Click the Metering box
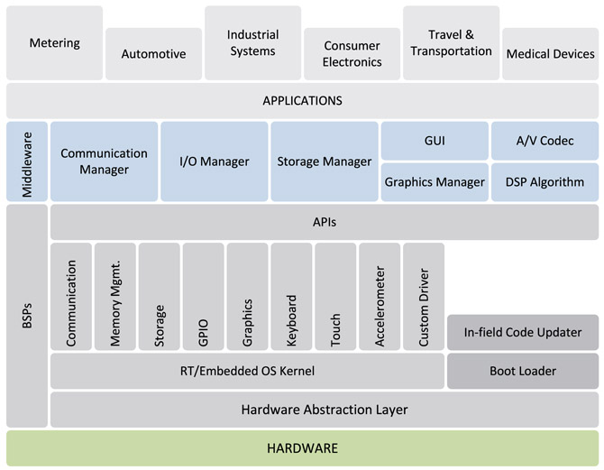(x=54, y=42)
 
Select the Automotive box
(x=153, y=53)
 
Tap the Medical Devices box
(x=550, y=53)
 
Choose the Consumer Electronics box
(x=352, y=53)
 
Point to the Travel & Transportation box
(x=451, y=42)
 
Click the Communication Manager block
(x=105, y=161)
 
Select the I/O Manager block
(x=214, y=161)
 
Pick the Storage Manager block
(x=324, y=161)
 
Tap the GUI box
(x=435, y=141)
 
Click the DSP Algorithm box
(x=545, y=181)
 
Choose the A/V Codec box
(x=545, y=141)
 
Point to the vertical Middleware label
(x=26, y=161)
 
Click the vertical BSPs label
(x=26, y=316)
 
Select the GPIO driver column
(x=203, y=296)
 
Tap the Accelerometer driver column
(x=380, y=296)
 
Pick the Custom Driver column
(x=424, y=296)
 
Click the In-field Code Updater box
(x=522, y=332)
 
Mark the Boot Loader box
(x=522, y=371)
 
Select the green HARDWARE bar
(x=302, y=447)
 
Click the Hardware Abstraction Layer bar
(x=325, y=410)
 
